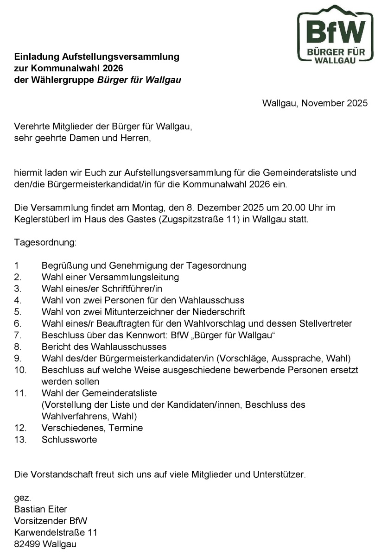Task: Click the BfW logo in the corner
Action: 335,35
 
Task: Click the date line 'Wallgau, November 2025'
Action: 315,103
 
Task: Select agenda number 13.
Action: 20,439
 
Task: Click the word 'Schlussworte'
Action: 69,439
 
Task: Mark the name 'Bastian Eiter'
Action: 41,509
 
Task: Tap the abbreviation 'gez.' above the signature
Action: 22,498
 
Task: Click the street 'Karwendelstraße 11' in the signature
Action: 56,532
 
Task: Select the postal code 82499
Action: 27,544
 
